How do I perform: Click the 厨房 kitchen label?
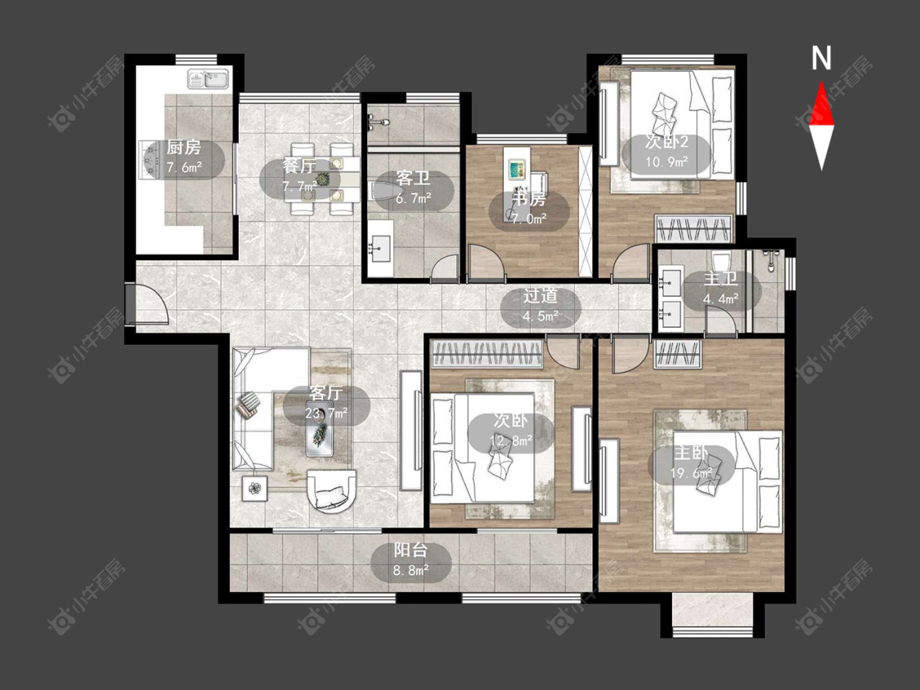pos(184,146)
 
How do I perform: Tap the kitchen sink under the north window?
pos(208,79)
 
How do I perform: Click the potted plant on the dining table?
pos(321,179)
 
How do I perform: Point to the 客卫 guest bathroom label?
pos(413,177)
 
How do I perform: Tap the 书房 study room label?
pos(528,199)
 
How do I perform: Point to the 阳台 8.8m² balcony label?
pos(411,560)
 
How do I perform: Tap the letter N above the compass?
pos(821,58)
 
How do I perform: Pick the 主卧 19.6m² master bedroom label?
pos(692,463)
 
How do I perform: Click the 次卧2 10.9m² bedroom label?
pos(666,150)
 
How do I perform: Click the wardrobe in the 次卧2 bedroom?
pos(693,228)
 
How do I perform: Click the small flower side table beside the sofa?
pos(254,488)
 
